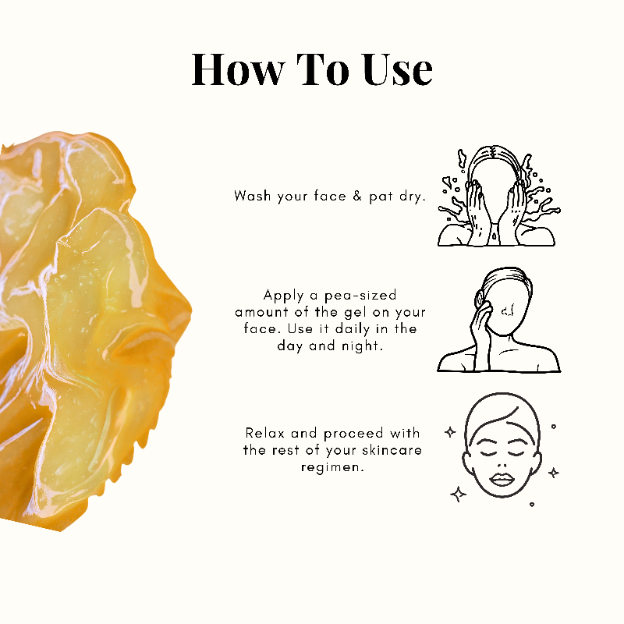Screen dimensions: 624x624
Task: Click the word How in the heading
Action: point(239,69)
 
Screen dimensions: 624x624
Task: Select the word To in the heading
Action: point(323,69)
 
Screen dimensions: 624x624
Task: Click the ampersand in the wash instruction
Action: point(357,196)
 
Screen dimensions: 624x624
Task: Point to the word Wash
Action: point(253,196)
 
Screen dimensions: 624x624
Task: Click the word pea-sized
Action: point(360,296)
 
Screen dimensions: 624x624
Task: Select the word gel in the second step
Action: point(355,313)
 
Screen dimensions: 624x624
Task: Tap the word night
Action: point(361,346)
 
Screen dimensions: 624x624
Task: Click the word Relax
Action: point(264,433)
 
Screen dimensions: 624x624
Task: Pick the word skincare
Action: point(392,450)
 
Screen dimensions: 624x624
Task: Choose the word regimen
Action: point(332,467)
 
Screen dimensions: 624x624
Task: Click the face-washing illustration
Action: point(499,196)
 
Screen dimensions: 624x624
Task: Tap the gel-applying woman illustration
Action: point(498,320)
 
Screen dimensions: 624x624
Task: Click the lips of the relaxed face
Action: point(502,480)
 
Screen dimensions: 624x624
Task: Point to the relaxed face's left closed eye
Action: point(487,453)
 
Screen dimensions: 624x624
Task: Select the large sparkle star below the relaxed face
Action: point(458,495)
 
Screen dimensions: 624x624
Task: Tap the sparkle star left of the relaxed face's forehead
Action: point(450,432)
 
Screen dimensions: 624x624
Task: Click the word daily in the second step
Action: point(353,329)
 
